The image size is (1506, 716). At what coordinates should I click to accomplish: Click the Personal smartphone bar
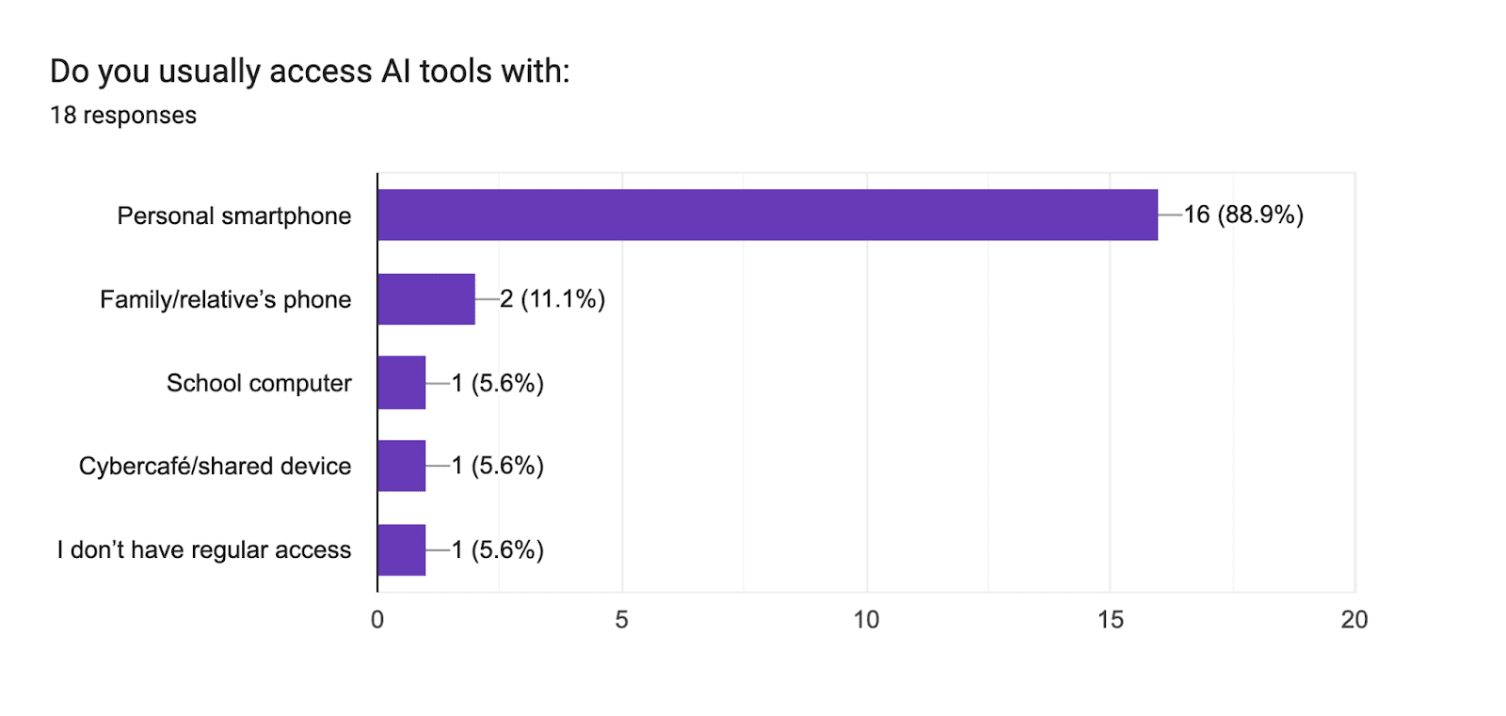[767, 215]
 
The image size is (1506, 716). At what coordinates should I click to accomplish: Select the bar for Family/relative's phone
[426, 299]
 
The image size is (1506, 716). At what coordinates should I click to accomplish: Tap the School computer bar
[402, 383]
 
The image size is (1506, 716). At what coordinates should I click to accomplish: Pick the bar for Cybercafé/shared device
[402, 466]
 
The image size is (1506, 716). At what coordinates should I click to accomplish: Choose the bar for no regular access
[402, 549]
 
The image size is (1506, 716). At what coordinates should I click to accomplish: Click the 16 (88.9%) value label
[1243, 215]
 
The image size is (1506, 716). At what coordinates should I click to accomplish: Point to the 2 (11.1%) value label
[553, 299]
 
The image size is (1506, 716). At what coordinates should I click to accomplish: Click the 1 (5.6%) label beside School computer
[498, 383]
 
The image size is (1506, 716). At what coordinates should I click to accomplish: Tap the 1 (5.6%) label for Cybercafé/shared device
[498, 466]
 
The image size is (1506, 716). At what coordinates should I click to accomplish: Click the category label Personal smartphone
[234, 216]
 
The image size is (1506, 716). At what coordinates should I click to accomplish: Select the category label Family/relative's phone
[226, 300]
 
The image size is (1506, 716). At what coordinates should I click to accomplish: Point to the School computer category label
[259, 384]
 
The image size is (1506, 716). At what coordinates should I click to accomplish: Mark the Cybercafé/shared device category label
[215, 467]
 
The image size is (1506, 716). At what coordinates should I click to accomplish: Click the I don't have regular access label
[204, 550]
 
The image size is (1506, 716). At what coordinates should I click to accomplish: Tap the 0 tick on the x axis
[377, 620]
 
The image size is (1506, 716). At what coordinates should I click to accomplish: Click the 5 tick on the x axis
[621, 620]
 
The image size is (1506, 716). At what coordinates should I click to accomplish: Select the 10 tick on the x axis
[866, 620]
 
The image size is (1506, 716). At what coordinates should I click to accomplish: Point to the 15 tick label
[1111, 620]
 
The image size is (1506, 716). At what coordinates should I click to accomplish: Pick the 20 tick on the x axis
[1354, 620]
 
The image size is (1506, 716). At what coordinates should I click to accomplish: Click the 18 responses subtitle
[123, 116]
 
